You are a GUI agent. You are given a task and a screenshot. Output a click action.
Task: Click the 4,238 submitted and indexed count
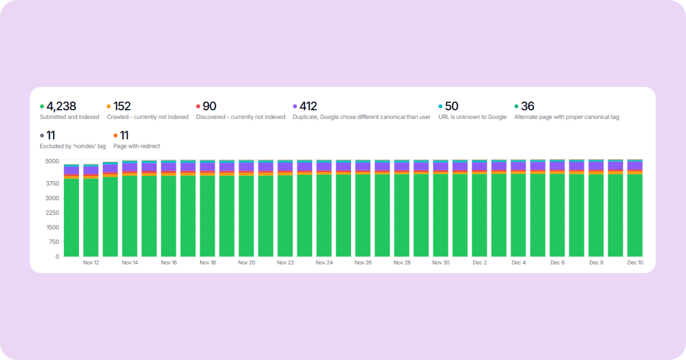click(61, 106)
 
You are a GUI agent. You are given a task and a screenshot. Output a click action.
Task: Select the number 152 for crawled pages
click(122, 106)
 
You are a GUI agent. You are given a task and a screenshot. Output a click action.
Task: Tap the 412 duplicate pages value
click(308, 106)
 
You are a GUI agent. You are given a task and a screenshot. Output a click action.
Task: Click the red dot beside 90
click(198, 106)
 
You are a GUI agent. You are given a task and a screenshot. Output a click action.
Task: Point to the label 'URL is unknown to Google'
click(472, 117)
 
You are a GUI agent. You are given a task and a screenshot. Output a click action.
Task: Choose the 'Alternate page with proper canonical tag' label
click(567, 117)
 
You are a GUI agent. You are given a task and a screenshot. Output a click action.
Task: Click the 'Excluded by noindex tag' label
click(73, 146)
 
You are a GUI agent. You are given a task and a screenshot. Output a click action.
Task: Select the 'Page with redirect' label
click(137, 146)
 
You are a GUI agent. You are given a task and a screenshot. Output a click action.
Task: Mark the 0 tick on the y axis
click(57, 257)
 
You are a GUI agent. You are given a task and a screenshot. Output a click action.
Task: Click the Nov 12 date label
click(91, 263)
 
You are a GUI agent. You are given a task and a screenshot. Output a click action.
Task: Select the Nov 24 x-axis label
click(324, 263)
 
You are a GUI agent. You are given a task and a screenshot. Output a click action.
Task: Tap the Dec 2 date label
click(480, 263)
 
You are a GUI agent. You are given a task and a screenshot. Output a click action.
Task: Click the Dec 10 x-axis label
click(635, 263)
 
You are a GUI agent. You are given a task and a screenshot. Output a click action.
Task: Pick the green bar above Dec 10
click(635, 217)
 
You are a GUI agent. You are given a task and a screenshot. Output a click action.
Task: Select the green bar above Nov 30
click(441, 217)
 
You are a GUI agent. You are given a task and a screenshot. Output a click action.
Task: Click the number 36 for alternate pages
click(528, 106)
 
